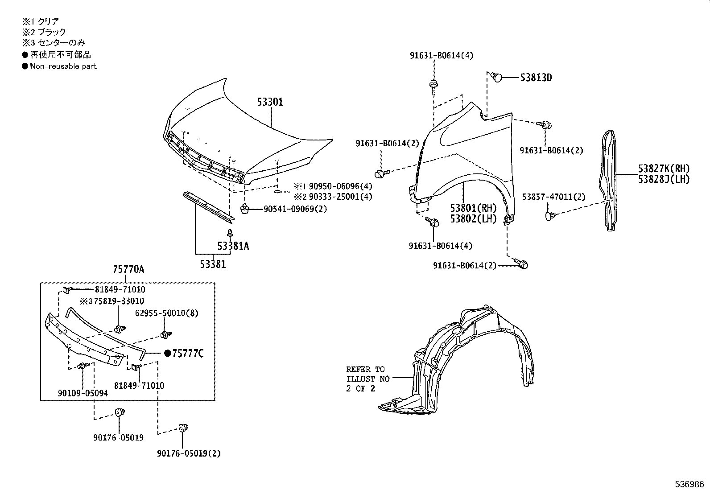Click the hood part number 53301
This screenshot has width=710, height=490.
pos(270,102)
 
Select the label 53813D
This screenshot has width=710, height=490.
pos(536,78)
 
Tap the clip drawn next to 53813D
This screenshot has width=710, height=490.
pos(496,78)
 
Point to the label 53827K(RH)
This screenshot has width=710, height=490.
pos(664,169)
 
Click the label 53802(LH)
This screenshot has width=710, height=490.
pos(473,219)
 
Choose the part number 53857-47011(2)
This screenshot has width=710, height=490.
pos(553,197)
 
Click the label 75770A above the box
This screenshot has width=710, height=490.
pos(128,269)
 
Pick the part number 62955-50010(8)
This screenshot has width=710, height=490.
pos(166,313)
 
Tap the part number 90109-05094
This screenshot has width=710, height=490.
pos(83,393)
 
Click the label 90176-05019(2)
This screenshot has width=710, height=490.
pos(189,453)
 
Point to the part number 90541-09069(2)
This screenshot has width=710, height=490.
pos(295,208)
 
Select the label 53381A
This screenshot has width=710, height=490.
pos(233,246)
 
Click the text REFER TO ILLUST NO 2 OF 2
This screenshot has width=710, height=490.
pos(368,379)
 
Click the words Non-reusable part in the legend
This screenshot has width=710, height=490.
pos(63,66)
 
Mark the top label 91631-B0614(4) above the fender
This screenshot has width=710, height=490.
pos(441,55)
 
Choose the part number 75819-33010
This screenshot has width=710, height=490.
pos(118,301)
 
